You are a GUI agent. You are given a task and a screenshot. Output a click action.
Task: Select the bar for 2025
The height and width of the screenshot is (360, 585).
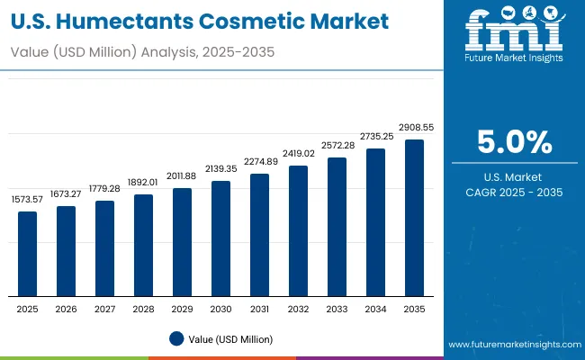[x=28, y=254]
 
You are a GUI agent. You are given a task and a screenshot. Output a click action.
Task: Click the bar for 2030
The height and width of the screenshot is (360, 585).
[x=220, y=238]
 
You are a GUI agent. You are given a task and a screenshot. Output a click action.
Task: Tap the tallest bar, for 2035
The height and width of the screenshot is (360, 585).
[x=414, y=218]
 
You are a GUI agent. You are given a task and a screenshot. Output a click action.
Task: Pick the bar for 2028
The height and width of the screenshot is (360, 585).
[x=143, y=246]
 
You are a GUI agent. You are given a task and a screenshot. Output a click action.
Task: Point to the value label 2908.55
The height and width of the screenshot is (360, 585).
[x=415, y=128]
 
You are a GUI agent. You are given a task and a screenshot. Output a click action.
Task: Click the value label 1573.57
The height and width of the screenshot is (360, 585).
[x=28, y=200]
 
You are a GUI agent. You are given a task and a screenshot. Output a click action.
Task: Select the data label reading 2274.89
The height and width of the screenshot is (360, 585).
[x=260, y=162]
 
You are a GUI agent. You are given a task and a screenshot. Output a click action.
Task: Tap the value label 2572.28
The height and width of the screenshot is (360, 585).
[x=337, y=146]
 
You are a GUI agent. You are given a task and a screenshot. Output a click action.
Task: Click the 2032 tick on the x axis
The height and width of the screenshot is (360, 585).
[x=298, y=309]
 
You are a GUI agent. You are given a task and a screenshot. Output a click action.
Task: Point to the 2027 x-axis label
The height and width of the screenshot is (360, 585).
[x=105, y=309]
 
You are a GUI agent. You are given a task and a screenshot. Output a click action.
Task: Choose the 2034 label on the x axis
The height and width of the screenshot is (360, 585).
[x=375, y=309]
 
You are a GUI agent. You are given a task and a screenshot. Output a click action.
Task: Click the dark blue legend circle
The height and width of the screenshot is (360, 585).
[x=176, y=339]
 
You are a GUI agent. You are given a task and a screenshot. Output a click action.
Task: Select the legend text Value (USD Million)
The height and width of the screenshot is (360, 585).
[x=231, y=339]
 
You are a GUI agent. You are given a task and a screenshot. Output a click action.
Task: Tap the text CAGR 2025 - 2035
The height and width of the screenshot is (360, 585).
[x=515, y=192]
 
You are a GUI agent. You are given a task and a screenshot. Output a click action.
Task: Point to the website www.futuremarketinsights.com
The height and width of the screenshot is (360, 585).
[x=512, y=345]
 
